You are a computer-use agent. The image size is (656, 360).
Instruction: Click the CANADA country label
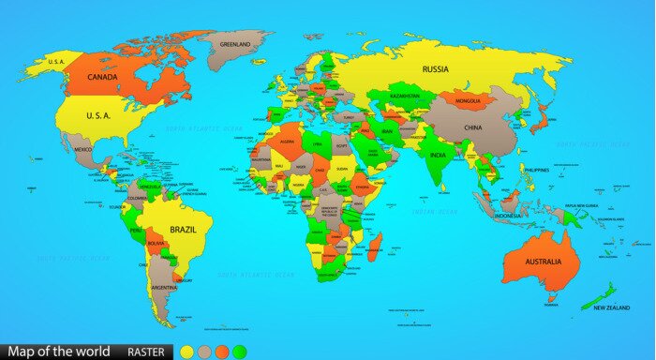(x=102, y=77)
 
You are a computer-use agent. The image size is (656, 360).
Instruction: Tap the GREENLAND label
(x=234, y=44)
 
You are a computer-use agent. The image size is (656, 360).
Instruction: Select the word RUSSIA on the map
(x=436, y=68)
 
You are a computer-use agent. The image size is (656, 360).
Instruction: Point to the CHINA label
(x=473, y=127)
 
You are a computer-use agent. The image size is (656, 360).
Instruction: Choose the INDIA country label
(x=438, y=155)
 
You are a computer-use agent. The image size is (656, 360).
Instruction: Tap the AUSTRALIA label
(x=544, y=262)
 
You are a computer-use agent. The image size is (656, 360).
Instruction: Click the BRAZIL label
(x=183, y=230)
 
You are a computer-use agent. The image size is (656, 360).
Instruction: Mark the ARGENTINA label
(x=164, y=287)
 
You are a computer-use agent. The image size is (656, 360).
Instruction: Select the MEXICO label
(x=83, y=150)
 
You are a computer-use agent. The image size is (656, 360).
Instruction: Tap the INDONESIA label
(x=508, y=216)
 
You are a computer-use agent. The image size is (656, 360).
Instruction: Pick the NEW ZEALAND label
(x=608, y=307)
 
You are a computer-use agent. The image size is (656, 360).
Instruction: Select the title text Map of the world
(x=59, y=352)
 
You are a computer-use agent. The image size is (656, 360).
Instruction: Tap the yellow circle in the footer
(x=187, y=352)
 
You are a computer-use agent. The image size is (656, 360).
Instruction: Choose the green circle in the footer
(x=240, y=352)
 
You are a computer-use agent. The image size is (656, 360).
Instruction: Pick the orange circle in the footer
(x=222, y=352)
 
